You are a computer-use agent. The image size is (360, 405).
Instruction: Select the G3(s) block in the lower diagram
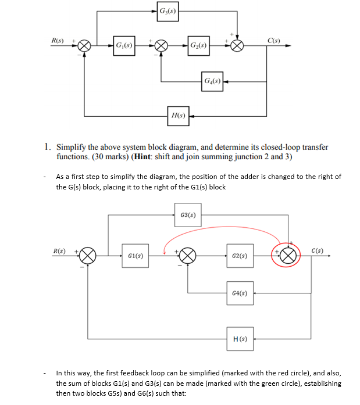pos(187,215)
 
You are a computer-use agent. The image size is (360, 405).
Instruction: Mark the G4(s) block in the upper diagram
pos(211,81)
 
